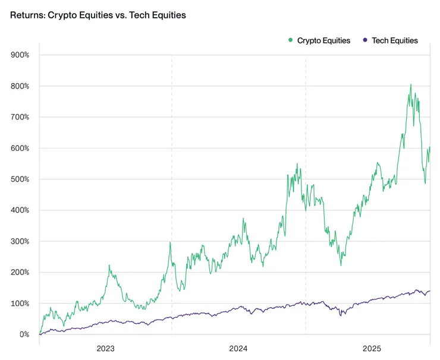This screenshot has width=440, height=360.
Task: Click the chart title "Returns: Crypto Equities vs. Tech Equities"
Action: tap(98, 15)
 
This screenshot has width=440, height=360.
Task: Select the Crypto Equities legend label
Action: tap(323, 40)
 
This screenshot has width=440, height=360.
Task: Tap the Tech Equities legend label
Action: tap(395, 40)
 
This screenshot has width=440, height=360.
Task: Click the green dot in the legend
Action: tap(290, 40)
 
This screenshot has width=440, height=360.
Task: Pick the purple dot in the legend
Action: tap(364, 40)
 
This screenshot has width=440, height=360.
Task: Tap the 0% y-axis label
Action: tap(24, 334)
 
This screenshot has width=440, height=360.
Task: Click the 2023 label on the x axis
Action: tap(105, 348)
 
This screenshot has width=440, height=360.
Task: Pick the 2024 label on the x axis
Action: tap(238, 348)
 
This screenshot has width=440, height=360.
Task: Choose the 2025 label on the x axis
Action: tap(372, 348)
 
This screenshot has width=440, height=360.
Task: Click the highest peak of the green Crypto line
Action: tap(411, 84)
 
